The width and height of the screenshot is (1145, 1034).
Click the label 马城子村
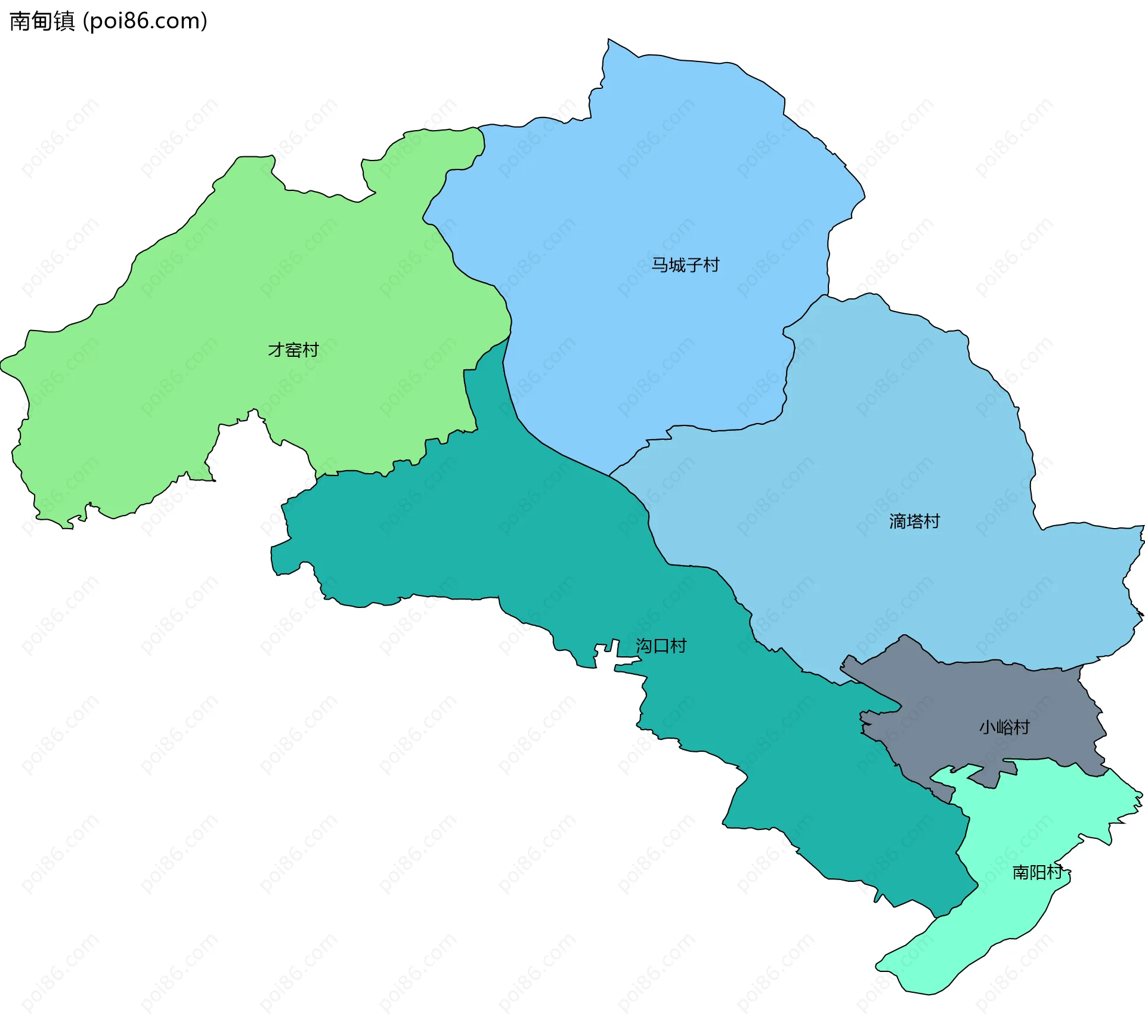[x=685, y=264]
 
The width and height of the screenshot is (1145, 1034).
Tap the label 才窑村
[x=293, y=350]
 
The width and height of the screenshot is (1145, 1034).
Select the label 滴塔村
[x=914, y=521]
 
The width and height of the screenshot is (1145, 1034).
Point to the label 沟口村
[x=661, y=646]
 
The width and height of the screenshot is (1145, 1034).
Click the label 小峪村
[x=1004, y=727]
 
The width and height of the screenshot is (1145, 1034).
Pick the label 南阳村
[x=1038, y=872]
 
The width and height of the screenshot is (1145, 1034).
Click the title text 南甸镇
[x=42, y=21]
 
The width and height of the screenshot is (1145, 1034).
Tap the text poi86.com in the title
[x=145, y=21]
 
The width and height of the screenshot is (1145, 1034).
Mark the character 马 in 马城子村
[x=659, y=264]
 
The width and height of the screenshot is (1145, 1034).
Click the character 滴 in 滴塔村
[x=898, y=521]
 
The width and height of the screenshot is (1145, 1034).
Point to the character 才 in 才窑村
[x=276, y=350]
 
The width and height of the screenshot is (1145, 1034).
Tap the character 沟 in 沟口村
[x=644, y=646]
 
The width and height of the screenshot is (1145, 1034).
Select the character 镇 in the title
[x=64, y=21]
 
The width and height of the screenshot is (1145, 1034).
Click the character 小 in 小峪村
[x=988, y=727]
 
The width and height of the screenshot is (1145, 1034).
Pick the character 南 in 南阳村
[x=1021, y=872]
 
